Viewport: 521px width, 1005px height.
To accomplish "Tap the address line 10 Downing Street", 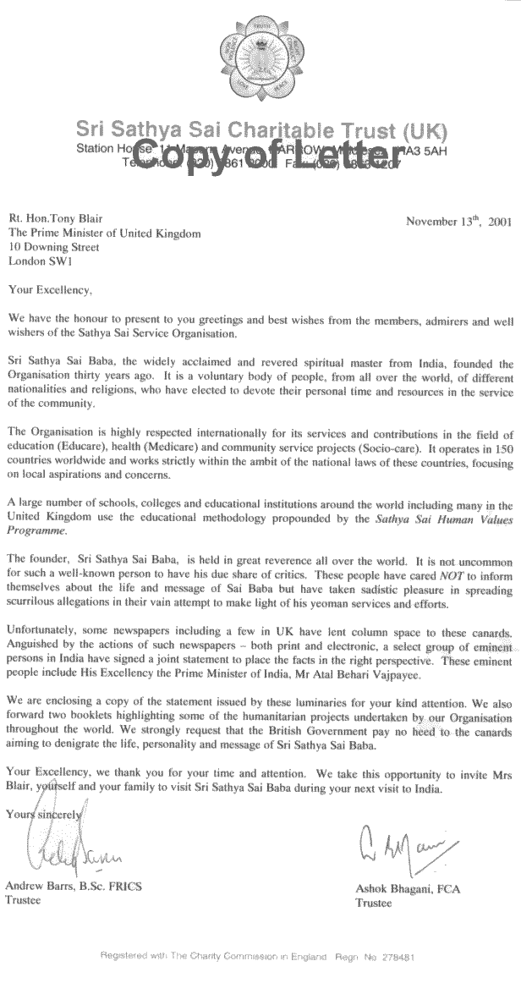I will click(53, 248).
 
